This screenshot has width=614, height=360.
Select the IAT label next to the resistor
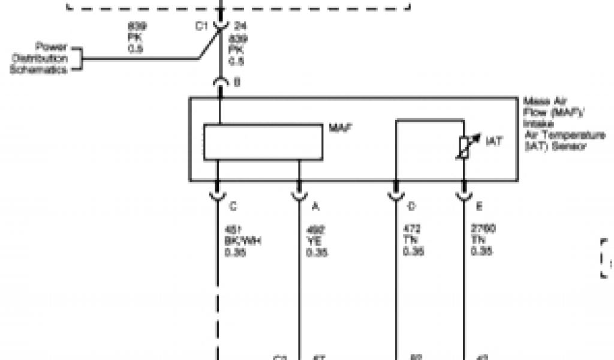coord(494,142)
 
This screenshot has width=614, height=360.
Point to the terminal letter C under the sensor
coord(233,207)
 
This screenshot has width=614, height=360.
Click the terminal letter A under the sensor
coord(315,207)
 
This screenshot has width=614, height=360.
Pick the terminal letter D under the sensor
coord(411,207)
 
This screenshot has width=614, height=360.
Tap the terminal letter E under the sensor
coord(479,207)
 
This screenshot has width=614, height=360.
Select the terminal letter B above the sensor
coord(237,83)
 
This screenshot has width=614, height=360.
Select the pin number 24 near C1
coord(240,26)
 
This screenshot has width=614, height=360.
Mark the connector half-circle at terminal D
coord(395,195)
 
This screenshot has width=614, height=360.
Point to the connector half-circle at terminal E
coord(463,195)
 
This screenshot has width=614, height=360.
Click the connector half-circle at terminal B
coord(221,83)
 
